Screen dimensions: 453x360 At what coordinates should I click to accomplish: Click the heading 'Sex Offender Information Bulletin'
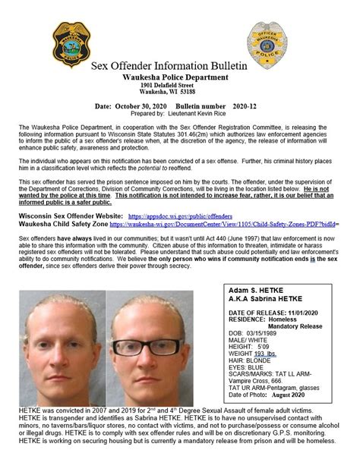click(179, 71)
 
